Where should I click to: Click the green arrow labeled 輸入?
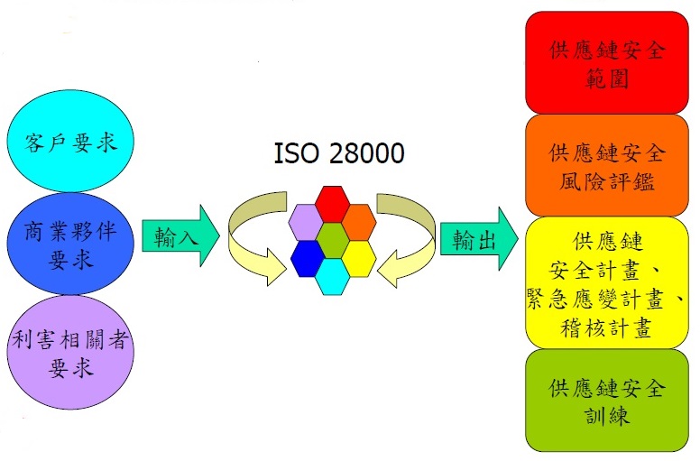coord(179,238)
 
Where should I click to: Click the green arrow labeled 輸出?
coord(477,238)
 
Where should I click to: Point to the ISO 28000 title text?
coord(338,153)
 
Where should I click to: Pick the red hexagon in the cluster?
coord(333,202)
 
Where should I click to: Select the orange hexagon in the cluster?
coord(359,222)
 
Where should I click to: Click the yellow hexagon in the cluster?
coord(359,258)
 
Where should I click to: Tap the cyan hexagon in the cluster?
coord(333,276)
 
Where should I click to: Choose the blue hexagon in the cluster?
coord(308,258)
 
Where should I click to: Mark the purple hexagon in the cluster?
coord(307,222)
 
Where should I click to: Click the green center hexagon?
coord(333,239)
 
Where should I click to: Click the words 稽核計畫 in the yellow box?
coord(606,327)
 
